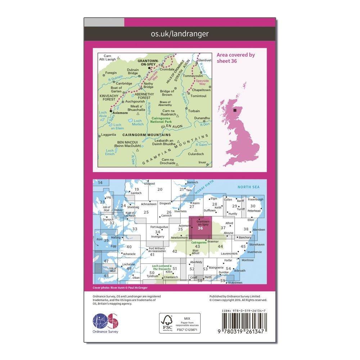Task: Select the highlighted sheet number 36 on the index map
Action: (x=200, y=227)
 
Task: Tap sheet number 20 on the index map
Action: (x=160, y=190)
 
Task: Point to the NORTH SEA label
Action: (x=248, y=187)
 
